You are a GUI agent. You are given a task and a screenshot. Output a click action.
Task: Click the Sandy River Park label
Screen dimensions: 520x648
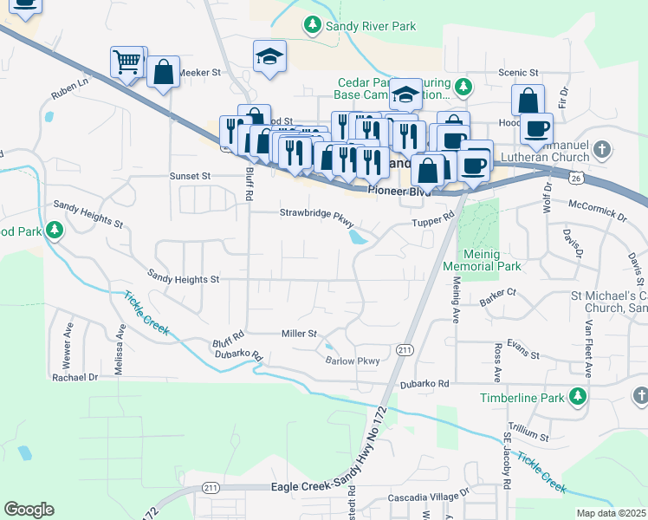370,27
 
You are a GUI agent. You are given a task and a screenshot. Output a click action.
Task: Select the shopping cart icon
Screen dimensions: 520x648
127,62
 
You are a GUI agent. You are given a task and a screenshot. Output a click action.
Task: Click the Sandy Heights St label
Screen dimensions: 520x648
184,280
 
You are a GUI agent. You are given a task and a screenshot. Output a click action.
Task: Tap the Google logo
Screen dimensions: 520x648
29,509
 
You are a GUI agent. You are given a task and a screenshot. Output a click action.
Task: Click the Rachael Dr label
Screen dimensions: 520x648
75,377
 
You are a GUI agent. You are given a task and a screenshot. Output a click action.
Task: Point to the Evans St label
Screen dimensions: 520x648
523,355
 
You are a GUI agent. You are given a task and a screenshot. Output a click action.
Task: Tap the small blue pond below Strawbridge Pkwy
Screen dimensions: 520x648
356,237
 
